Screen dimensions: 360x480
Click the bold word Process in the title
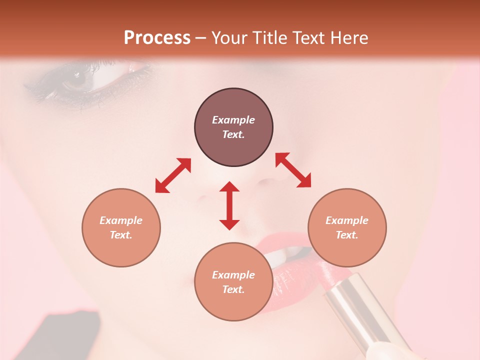point(157,37)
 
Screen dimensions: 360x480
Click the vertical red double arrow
point(229,205)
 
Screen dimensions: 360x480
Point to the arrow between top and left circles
point(173,175)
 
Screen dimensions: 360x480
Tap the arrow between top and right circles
point(293,170)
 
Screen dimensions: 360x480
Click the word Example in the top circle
point(233,120)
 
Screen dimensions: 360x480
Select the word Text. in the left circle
point(121,235)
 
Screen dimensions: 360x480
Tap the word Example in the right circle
point(347,220)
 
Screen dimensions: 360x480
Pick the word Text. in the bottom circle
point(233,289)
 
